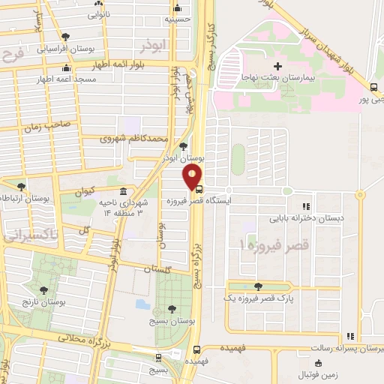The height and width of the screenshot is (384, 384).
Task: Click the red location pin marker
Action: click(193, 177)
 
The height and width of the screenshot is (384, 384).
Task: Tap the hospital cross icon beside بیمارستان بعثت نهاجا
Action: click(277, 66)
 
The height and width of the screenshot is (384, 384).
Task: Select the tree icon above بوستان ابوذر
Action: click(184, 146)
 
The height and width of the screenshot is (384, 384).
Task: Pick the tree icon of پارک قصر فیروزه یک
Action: click(259, 286)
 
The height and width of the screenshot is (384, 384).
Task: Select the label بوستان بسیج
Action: click(173, 319)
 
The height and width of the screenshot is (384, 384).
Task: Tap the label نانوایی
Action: click(98, 14)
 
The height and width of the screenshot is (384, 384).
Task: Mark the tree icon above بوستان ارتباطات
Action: click(20, 186)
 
